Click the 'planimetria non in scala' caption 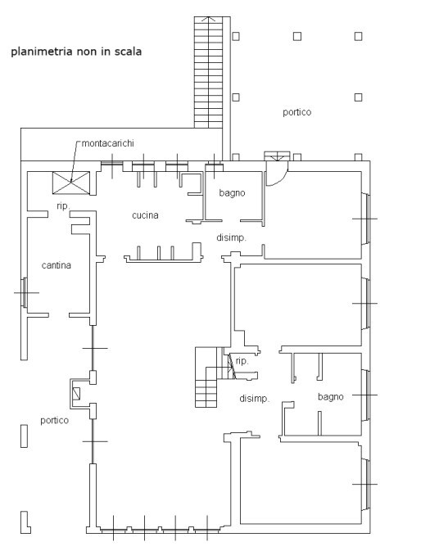(76, 52)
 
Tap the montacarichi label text (108, 143)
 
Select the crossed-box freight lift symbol (71, 183)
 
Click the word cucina (145, 215)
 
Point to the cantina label (56, 265)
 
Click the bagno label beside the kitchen (233, 193)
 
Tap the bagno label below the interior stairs (331, 397)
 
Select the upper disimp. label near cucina (232, 238)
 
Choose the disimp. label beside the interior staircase (255, 399)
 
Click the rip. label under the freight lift (63, 206)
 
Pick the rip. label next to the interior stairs (242, 361)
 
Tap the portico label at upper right (296, 112)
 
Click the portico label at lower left (54, 420)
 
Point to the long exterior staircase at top (208, 72)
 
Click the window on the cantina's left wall (24, 292)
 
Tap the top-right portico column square (359, 36)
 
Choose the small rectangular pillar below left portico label (24, 436)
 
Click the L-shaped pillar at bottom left (25, 523)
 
